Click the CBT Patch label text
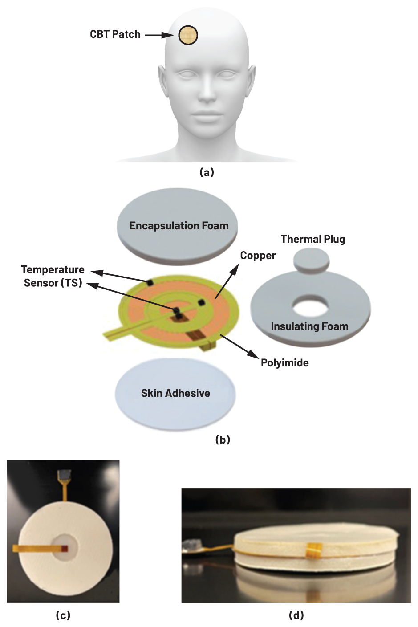115,34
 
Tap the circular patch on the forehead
188,35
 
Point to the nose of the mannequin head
206,91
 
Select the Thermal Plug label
313,239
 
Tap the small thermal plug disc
312,260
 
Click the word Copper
258,256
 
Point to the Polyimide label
284,363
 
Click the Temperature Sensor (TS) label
53,276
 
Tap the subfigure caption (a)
207,172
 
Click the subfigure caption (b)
223,440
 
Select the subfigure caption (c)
63,615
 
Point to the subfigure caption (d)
296,615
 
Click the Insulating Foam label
309,326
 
